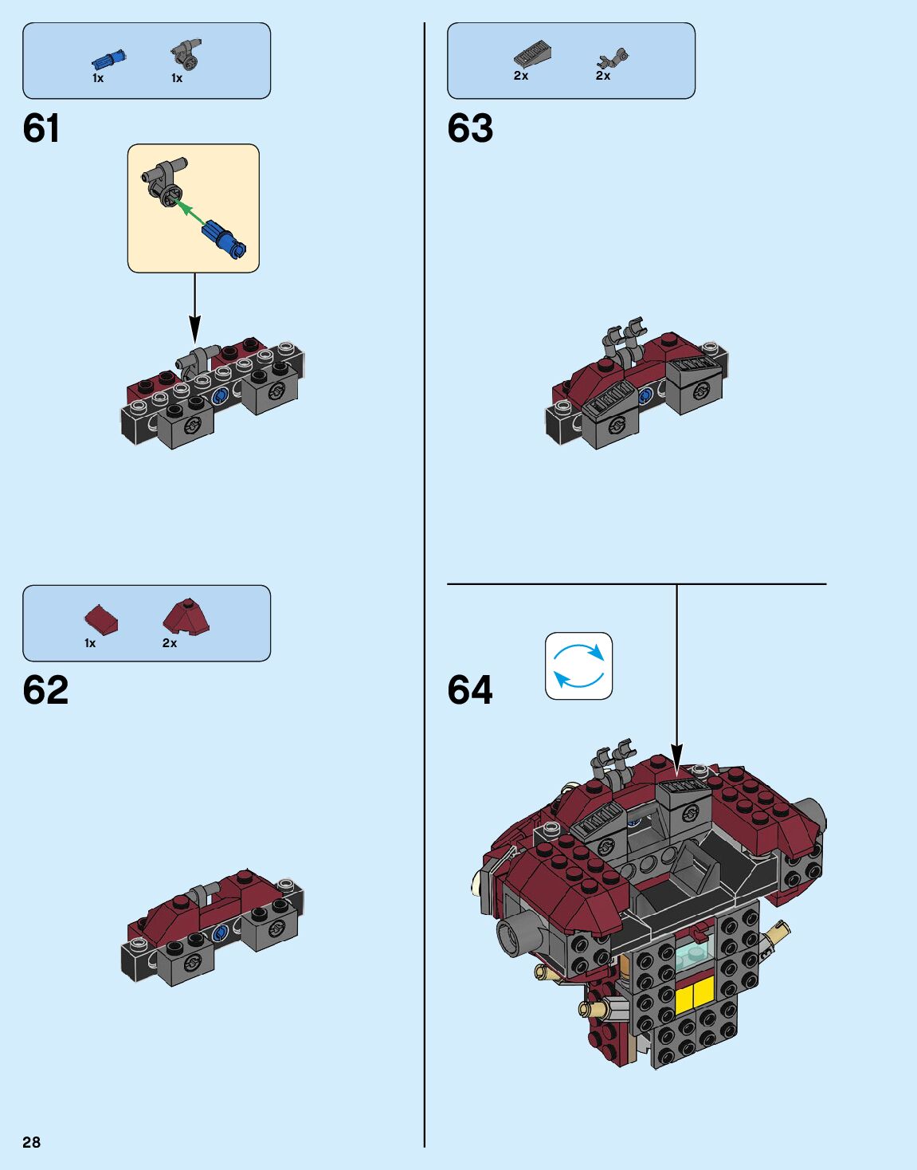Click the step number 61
[x=41, y=128]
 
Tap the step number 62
[x=45, y=690]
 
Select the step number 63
[x=470, y=128]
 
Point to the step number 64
[x=470, y=690]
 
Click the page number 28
[x=31, y=1142]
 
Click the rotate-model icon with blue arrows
[x=578, y=666]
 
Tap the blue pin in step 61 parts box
[x=109, y=60]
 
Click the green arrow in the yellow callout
[x=188, y=210]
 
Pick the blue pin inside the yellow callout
[x=225, y=238]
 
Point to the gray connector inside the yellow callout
[x=166, y=180]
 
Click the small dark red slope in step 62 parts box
[x=101, y=619]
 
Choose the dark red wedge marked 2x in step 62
[x=186, y=617]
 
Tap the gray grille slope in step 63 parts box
[x=533, y=54]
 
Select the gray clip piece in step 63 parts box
[x=613, y=58]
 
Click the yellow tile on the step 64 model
[x=694, y=995]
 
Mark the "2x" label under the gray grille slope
[x=521, y=76]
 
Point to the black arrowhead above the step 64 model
[x=676, y=756]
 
